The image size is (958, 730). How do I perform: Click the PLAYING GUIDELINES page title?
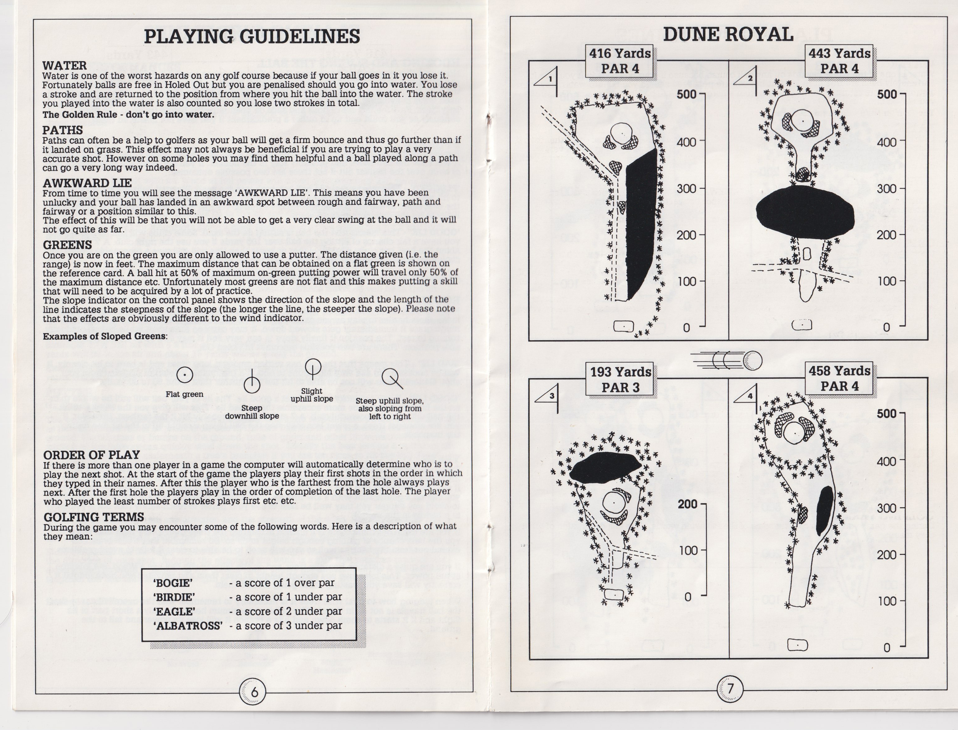(252, 36)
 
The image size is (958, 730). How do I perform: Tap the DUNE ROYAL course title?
(728, 34)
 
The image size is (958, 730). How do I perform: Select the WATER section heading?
(64, 66)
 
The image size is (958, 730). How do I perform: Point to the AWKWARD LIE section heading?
(87, 183)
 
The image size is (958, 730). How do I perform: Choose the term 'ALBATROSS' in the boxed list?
(188, 626)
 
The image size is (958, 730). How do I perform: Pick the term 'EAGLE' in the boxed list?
(174, 611)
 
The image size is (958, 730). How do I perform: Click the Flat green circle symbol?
(185, 374)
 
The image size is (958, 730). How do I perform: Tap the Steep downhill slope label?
(252, 411)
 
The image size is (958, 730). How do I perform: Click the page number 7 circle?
(730, 689)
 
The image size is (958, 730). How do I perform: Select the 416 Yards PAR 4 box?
(620, 61)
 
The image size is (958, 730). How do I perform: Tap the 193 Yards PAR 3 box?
(620, 379)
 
